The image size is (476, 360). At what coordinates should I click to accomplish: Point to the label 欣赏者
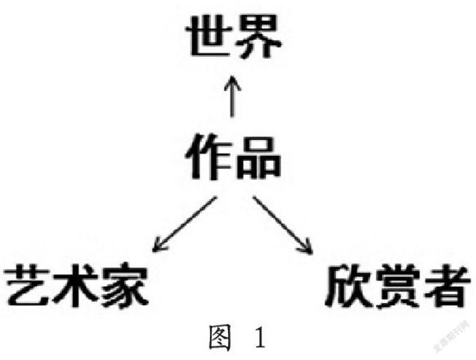click(x=394, y=286)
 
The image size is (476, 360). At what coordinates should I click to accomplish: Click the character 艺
click(x=27, y=286)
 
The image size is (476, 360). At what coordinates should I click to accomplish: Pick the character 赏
click(x=394, y=286)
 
